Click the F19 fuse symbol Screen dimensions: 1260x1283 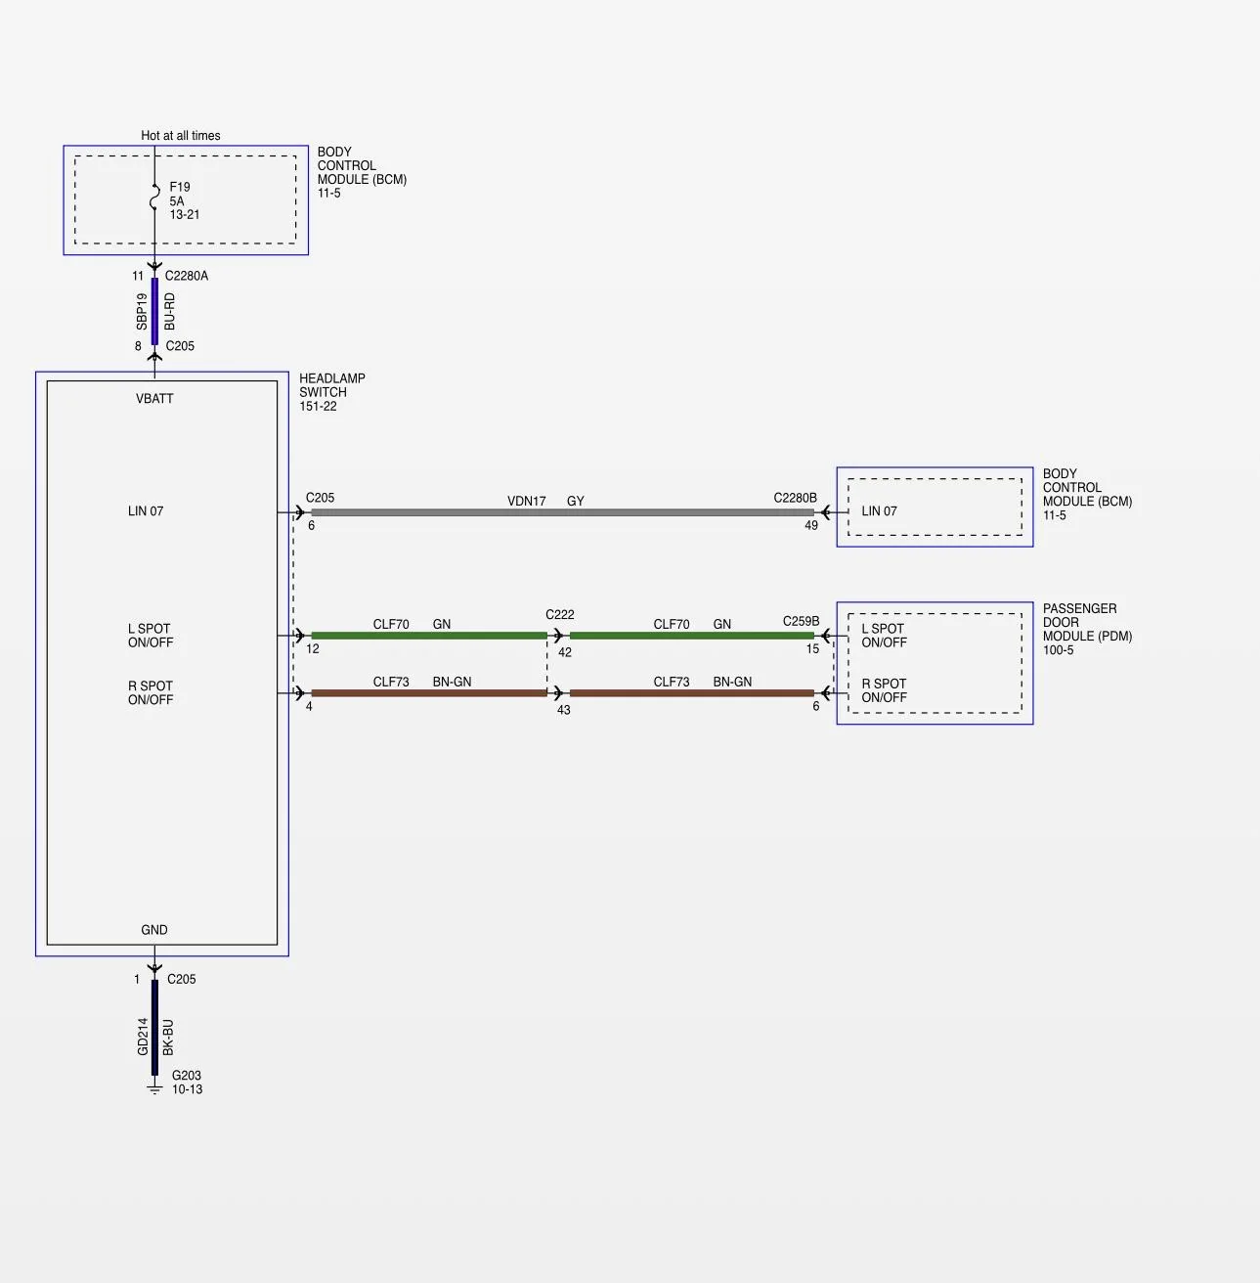[155, 197]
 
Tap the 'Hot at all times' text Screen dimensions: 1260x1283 [181, 136]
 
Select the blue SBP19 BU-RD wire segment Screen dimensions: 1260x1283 [155, 312]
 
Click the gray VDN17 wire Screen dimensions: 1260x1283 [562, 512]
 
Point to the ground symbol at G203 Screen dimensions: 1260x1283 [154, 1089]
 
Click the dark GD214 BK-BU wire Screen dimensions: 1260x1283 [155, 1028]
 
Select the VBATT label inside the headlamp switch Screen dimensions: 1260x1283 [154, 399]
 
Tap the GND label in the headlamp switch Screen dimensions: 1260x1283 [154, 930]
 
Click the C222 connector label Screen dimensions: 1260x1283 [560, 614]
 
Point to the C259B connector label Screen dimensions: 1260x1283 [801, 621]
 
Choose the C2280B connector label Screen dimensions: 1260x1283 [795, 498]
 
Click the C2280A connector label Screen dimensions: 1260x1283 [187, 276]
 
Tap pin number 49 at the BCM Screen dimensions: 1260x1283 [810, 525]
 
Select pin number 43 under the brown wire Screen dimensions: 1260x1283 [564, 710]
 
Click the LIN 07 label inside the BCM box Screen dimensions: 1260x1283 [880, 511]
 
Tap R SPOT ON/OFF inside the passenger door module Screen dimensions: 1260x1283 [884, 691]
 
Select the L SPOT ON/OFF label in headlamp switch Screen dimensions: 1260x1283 [151, 636]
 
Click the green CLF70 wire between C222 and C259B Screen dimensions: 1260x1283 [691, 636]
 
